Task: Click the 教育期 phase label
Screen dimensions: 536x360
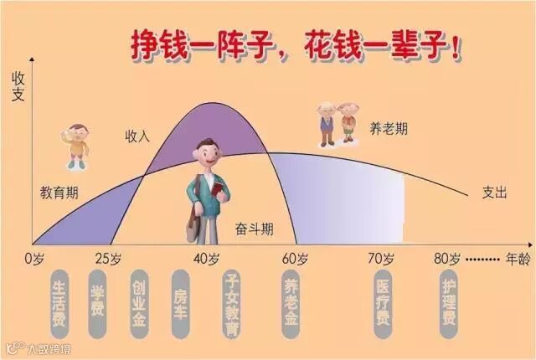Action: [59, 192]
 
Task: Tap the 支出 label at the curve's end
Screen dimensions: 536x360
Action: [494, 192]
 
